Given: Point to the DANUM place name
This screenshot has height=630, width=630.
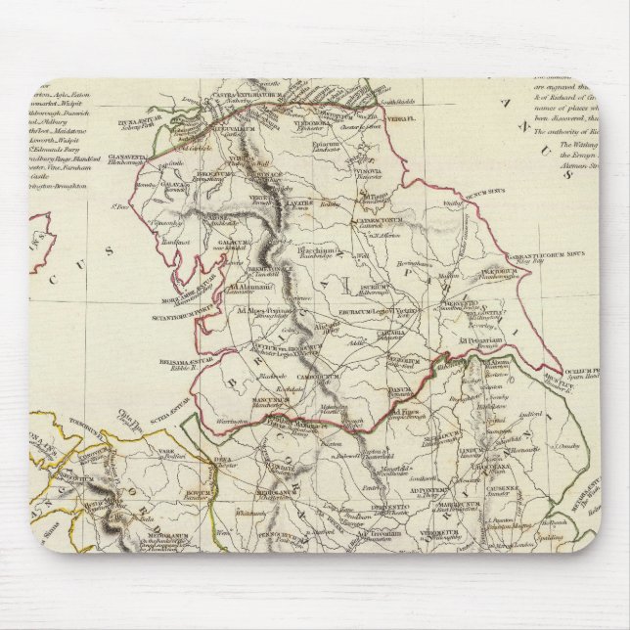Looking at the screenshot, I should coord(400,396).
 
